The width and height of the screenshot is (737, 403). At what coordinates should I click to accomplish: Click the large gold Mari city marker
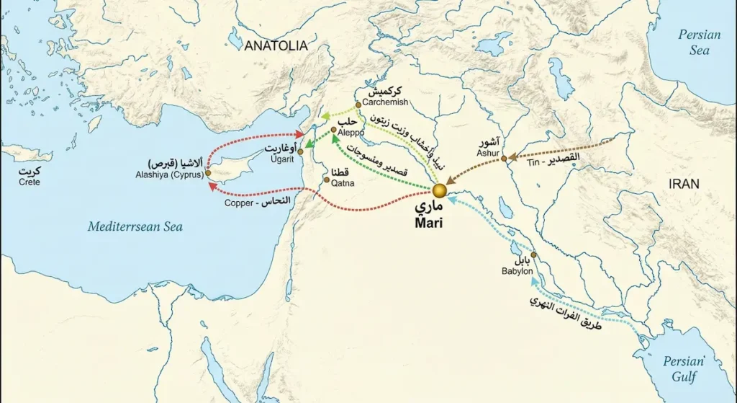(439, 191)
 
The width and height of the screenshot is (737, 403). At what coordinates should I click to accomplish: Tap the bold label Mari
(430, 223)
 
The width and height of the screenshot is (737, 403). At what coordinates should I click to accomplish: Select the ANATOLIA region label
(276, 45)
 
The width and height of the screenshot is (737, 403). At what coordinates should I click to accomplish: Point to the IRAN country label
(684, 184)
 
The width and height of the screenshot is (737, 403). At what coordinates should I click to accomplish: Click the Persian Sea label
(699, 43)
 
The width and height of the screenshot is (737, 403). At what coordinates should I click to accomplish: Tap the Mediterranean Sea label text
(135, 227)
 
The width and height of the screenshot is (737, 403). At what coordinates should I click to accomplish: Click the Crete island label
(30, 182)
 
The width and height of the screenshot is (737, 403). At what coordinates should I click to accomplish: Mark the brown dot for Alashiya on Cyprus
(208, 173)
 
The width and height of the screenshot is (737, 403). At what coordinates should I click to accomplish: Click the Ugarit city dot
(300, 152)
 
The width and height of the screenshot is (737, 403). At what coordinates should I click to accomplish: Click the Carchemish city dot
(358, 105)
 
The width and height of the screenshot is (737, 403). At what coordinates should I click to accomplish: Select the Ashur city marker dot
(504, 158)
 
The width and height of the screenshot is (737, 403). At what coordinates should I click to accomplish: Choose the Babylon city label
(517, 271)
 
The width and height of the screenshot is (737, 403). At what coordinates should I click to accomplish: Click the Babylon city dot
(533, 255)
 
